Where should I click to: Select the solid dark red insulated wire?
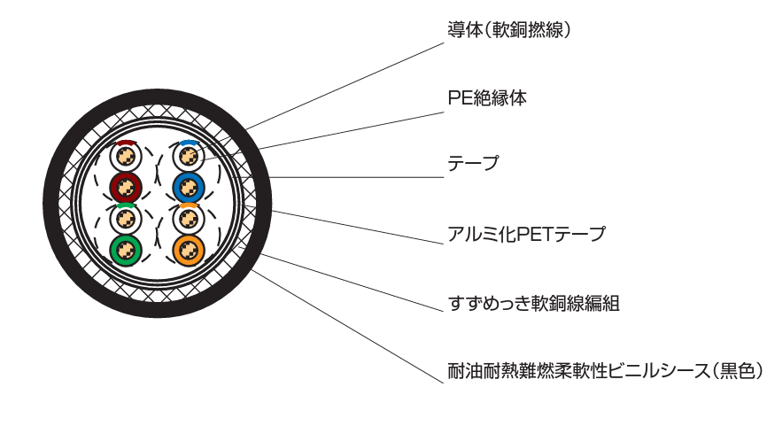point(126,187)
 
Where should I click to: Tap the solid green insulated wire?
point(126,250)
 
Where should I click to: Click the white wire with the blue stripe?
point(188,158)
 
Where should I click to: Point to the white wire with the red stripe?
point(126,158)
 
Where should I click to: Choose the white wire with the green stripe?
point(126,219)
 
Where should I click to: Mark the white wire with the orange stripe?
point(188,219)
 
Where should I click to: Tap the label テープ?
point(473,164)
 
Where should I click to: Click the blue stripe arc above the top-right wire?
point(188,142)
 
